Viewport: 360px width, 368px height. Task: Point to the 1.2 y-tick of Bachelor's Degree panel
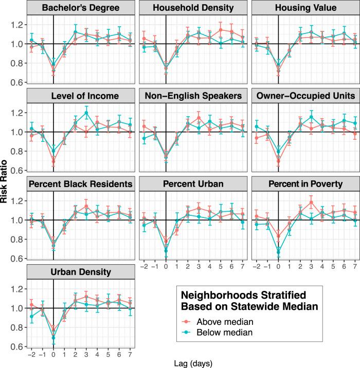coord(22,25)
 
